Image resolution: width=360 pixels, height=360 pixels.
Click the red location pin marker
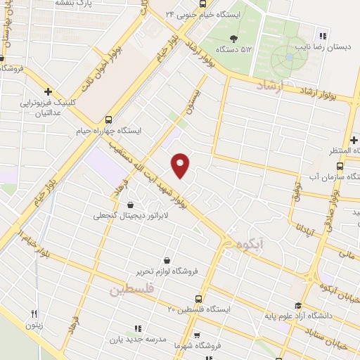tap(181, 165)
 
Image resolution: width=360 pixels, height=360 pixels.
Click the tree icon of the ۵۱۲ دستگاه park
tap(233, 39)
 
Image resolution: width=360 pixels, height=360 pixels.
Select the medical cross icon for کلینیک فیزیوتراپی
tap(48, 91)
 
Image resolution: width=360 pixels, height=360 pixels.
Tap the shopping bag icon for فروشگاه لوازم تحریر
tap(166, 259)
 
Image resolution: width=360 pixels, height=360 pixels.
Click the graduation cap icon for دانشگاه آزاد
tap(298, 305)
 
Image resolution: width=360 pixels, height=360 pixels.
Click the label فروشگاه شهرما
tap(226, 345)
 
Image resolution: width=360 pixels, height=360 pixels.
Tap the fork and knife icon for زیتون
tap(33, 313)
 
